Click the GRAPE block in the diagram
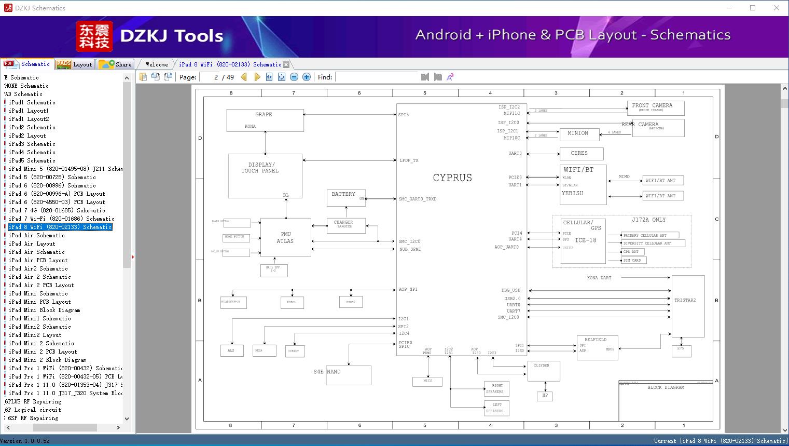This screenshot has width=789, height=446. point(265,120)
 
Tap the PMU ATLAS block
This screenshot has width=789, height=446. point(285,238)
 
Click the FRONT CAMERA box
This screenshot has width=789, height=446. point(655,108)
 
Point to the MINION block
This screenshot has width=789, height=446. point(579,134)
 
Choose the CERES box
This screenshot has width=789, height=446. point(582,154)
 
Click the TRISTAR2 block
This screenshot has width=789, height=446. point(688,306)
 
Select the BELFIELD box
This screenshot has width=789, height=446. point(597,347)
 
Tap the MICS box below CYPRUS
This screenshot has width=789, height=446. point(427,381)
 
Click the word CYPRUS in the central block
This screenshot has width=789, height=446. point(452,178)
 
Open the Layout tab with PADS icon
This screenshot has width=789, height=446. point(74,64)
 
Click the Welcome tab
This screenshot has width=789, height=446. point(157,64)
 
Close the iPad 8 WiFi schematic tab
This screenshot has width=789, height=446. point(286,64)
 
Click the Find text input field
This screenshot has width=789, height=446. point(376,77)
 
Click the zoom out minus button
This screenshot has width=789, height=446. point(294,77)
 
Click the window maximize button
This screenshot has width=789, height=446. point(753,8)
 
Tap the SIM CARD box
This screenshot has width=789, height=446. point(633,260)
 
